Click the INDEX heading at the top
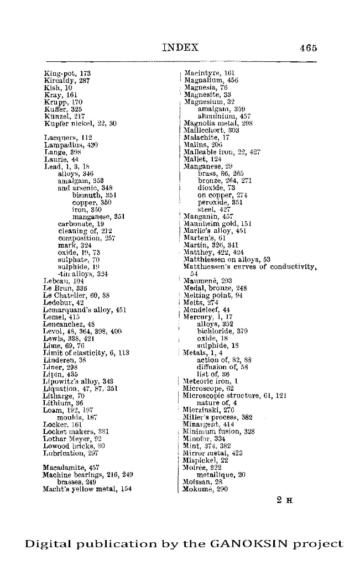(x=180, y=48)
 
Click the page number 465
(x=309, y=48)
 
